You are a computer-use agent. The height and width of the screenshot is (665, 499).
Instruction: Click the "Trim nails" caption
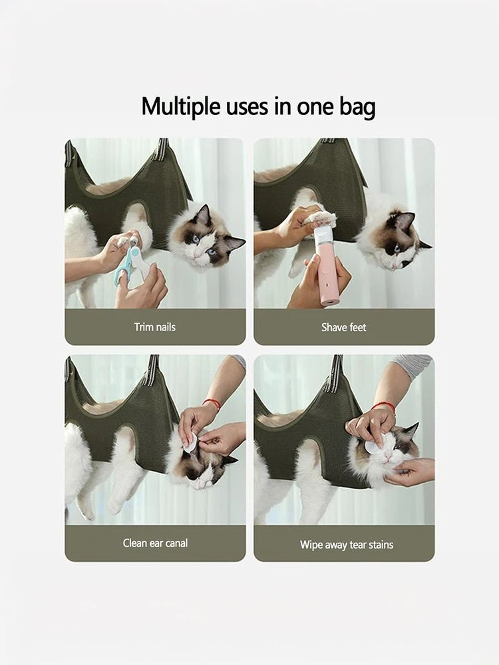155,327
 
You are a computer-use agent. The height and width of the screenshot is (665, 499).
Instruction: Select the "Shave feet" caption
344,327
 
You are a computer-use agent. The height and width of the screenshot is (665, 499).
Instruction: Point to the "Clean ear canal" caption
155,543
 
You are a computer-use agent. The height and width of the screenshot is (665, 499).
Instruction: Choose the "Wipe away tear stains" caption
347,545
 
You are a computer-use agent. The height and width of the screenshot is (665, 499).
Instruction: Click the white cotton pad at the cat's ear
190,441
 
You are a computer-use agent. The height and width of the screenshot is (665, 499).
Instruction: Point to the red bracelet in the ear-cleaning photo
212,404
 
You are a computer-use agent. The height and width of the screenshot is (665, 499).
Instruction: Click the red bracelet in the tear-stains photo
385,406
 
